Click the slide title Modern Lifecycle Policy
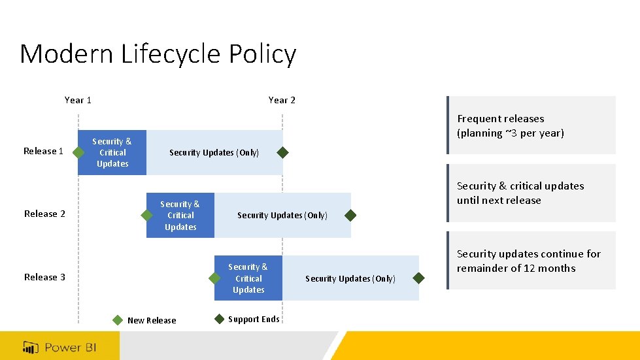coord(158,54)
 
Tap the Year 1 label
coord(78,100)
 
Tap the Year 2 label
coord(282,100)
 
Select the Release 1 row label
coord(44,152)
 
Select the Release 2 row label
coord(44,214)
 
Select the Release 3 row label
coord(44,277)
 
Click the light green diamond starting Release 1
coord(78,153)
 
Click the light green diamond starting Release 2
coord(146,215)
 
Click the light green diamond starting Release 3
coord(214,278)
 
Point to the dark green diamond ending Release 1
coord(282,153)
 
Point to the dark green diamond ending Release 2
coord(350,215)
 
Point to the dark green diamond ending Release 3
coord(419,278)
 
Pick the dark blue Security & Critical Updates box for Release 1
coord(112,153)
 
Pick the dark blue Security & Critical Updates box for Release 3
coord(248,278)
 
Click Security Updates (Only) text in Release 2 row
coord(282,216)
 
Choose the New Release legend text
coord(152,321)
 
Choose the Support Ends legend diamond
coord(219,319)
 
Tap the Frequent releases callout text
coord(510,126)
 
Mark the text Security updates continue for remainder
coord(528,261)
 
